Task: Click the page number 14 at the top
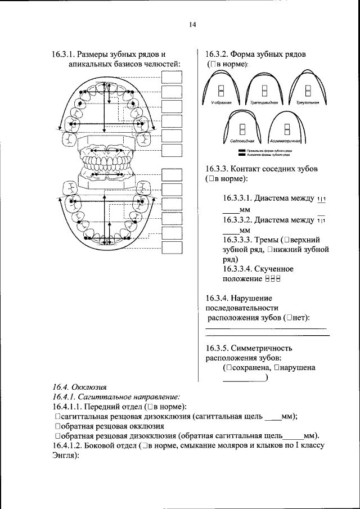[x=192, y=25]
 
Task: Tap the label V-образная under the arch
[x=214, y=104]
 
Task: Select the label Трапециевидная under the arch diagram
[x=260, y=104]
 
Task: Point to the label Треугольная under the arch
[x=307, y=104]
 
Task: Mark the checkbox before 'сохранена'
[x=228, y=368]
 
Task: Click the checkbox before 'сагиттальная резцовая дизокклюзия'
[x=57, y=417]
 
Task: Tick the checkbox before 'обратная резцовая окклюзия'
[x=57, y=426]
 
